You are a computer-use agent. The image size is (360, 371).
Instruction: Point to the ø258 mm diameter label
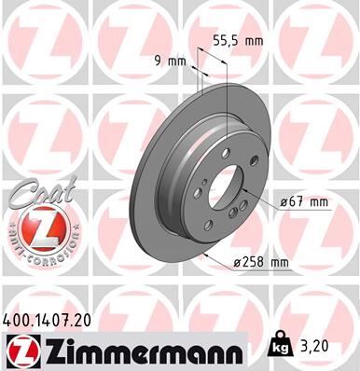[262, 262]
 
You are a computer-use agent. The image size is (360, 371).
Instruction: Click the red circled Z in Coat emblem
[35, 227]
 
